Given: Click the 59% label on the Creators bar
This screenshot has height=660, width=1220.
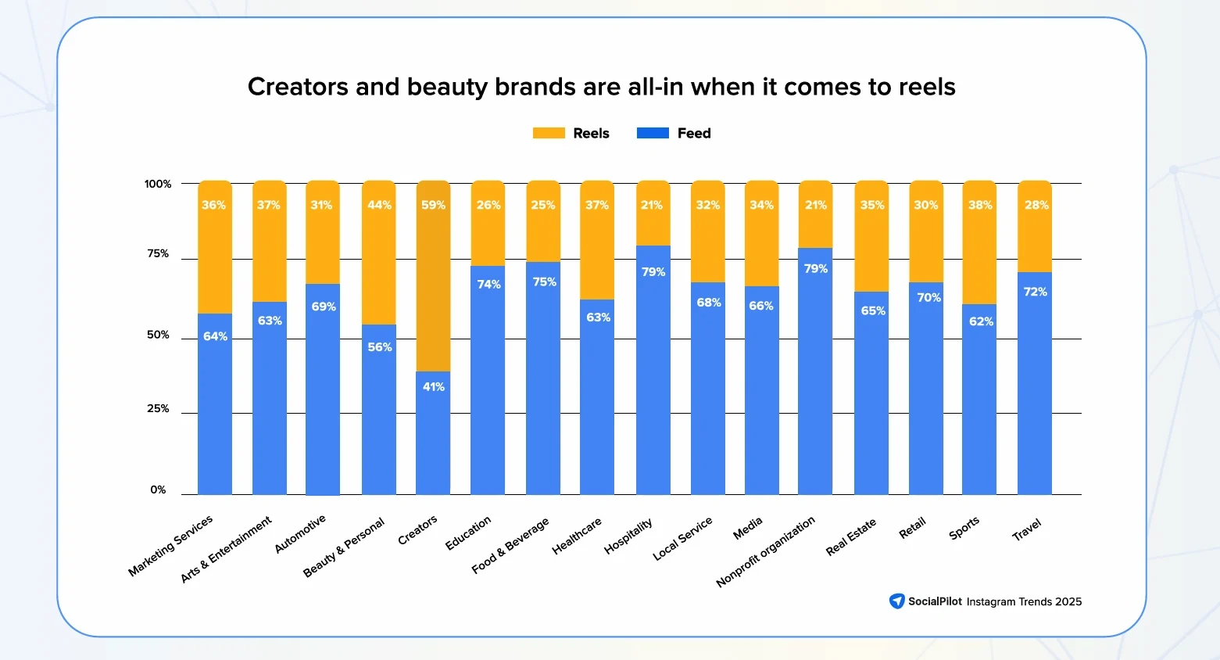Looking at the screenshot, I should pyautogui.click(x=433, y=205).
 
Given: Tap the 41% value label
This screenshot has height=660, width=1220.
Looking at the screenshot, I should pyautogui.click(x=433, y=386).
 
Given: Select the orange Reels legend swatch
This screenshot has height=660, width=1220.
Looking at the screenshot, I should pyautogui.click(x=549, y=133).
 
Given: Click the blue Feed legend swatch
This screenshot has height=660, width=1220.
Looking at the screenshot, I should pyautogui.click(x=653, y=133).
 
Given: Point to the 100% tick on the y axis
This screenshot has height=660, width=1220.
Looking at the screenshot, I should pyautogui.click(x=158, y=184).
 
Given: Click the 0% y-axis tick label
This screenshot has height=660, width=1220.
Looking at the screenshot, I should pyautogui.click(x=158, y=490).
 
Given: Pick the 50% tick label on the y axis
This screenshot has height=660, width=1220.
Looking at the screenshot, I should pyautogui.click(x=158, y=335).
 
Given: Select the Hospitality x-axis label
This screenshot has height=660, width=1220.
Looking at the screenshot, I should pyautogui.click(x=628, y=536).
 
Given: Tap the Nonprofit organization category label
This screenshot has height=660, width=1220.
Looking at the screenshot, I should pyautogui.click(x=765, y=551).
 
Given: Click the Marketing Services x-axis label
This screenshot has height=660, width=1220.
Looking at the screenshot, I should pyautogui.click(x=170, y=546).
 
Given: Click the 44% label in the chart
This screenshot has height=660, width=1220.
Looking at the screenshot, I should pyautogui.click(x=379, y=205).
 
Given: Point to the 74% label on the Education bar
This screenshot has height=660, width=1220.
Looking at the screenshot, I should pyautogui.click(x=488, y=284).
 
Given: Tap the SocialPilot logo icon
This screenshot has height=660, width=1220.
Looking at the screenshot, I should pyautogui.click(x=896, y=601).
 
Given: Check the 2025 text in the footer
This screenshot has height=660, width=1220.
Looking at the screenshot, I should pyautogui.click(x=1068, y=601).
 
